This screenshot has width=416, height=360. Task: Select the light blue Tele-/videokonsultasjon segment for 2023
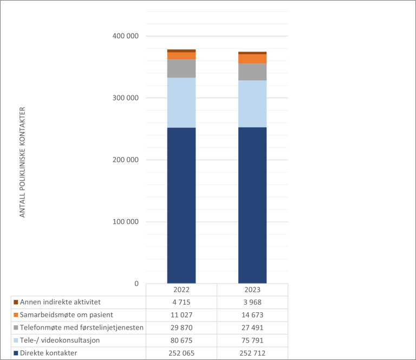click(x=252, y=104)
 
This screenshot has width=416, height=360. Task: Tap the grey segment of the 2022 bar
click(x=181, y=68)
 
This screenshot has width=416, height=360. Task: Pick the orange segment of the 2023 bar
click(x=252, y=59)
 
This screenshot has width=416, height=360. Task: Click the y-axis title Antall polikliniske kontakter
click(x=23, y=163)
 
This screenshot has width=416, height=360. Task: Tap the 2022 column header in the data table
click(x=181, y=290)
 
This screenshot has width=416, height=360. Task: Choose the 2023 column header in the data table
click(x=252, y=290)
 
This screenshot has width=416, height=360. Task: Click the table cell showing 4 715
click(x=181, y=302)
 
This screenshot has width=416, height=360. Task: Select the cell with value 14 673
click(x=252, y=315)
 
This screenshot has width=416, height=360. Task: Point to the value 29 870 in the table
click(x=181, y=327)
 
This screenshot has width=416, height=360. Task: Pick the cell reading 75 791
click(x=252, y=340)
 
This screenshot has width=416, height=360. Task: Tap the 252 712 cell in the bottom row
click(x=252, y=353)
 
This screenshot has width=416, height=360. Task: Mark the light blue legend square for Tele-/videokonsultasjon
click(x=16, y=340)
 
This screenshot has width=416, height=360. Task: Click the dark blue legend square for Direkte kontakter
click(x=16, y=353)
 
